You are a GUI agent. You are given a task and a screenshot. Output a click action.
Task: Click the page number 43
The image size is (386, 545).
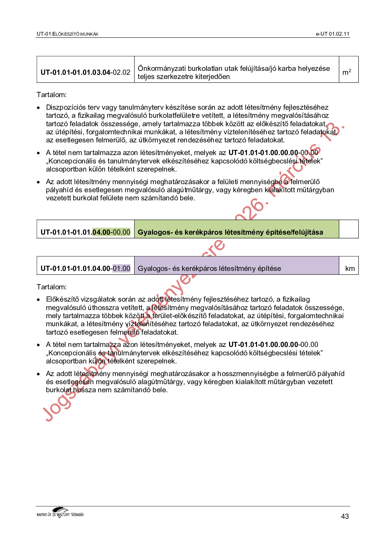(345, 516)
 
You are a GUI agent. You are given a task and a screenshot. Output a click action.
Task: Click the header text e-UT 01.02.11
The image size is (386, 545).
(333, 34)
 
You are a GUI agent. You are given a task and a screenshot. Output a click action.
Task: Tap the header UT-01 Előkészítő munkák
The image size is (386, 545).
(67, 34)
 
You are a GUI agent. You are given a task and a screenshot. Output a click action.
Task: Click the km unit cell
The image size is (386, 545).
(350, 268)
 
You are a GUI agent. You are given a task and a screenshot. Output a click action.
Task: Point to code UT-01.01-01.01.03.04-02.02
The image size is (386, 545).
(85, 72)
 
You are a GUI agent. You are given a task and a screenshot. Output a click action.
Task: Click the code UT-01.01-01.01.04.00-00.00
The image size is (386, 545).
(85, 232)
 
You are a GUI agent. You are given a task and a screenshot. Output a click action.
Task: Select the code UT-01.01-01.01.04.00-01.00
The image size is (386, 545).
(85, 268)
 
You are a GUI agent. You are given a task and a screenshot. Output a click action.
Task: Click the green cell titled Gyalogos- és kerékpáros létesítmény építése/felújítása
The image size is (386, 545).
(230, 232)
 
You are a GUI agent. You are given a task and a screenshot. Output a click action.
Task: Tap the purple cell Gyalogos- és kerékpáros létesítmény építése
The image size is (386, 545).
(209, 268)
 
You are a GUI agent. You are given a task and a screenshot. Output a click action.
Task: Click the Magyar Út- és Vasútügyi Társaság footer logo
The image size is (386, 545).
(60, 513)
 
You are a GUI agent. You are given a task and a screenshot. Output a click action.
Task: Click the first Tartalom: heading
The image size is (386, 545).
(52, 95)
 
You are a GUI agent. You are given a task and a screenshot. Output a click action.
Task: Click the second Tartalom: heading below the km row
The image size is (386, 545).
(52, 287)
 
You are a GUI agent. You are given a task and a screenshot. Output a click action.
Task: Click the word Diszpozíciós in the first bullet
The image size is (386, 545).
(65, 107)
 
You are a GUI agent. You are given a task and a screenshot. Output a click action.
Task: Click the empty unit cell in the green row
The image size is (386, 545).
(348, 229)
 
